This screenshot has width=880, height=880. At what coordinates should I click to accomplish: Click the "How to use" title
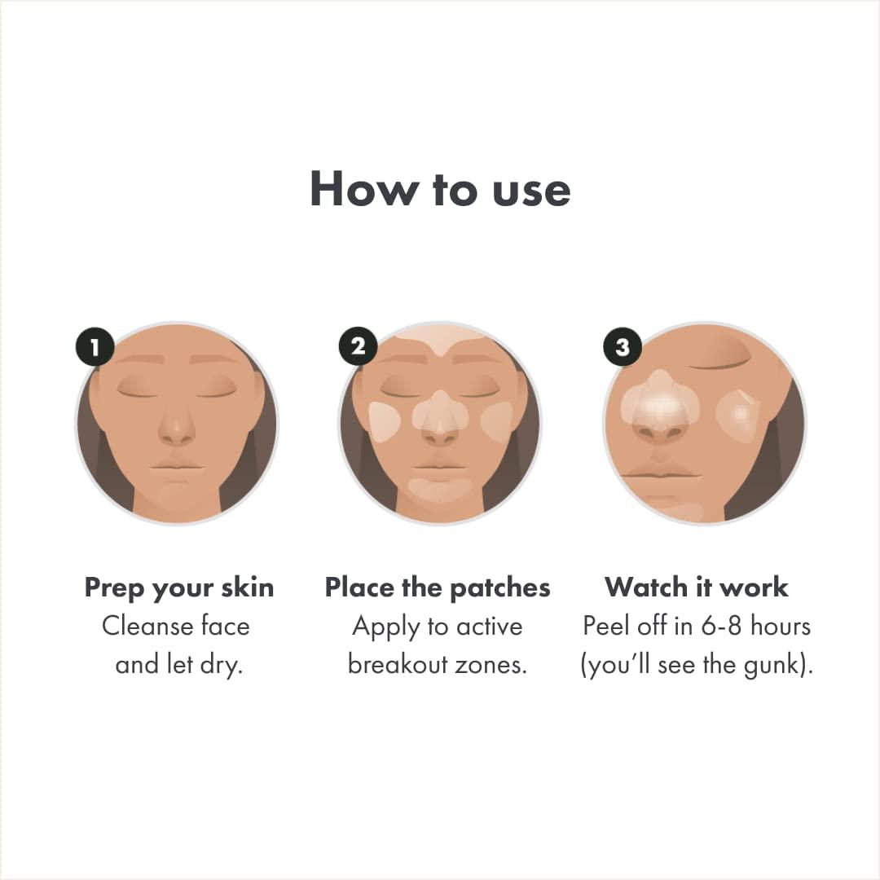[x=440, y=189]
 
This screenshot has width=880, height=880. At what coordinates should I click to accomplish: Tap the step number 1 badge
[x=95, y=348]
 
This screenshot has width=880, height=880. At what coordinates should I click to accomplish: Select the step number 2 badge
[x=359, y=346]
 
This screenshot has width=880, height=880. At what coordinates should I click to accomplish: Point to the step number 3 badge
[x=623, y=348]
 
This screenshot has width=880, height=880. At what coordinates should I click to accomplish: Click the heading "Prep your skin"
[x=179, y=587]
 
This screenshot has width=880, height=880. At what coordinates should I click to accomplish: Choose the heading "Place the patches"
[x=438, y=587]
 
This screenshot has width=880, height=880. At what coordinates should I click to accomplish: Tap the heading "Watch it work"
[x=697, y=587]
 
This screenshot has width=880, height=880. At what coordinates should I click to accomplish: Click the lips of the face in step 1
[x=177, y=469]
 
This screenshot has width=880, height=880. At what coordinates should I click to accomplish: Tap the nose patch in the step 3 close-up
[x=661, y=403]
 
